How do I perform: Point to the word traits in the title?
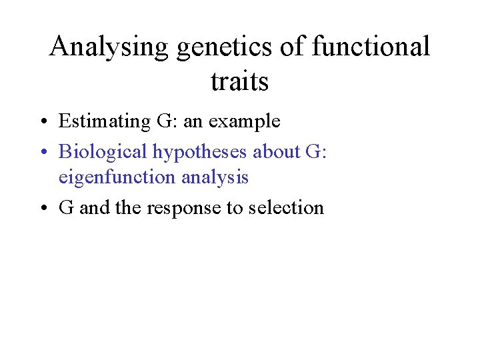click(x=239, y=81)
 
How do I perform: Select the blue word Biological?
click(x=103, y=152)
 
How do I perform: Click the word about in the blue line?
click(x=276, y=151)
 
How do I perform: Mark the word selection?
click(x=286, y=207)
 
